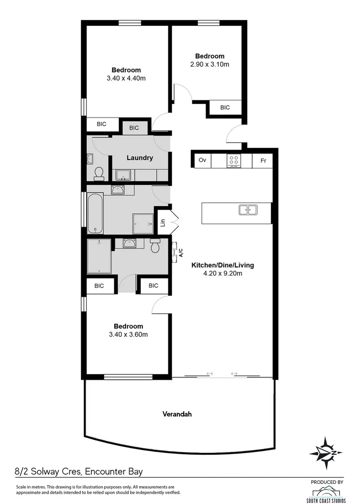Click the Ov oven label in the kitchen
[202, 160]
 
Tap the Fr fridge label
[263, 161]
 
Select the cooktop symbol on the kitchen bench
[234, 161]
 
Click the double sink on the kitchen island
[248, 210]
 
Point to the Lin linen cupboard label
[163, 223]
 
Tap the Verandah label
[177, 414]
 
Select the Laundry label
[140, 158]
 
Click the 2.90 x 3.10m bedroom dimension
[210, 64]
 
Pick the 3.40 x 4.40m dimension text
[126, 78]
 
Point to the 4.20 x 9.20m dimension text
[223, 273]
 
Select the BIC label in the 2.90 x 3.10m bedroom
[225, 107]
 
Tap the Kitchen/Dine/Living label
[223, 265]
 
